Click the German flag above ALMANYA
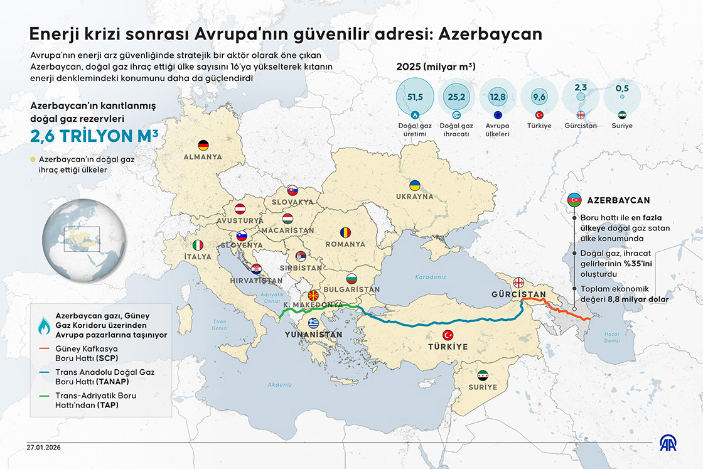click(x=202, y=145)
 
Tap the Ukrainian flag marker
click(x=415, y=186)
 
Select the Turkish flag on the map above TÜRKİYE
click(x=448, y=335)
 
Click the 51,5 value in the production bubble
click(x=414, y=97)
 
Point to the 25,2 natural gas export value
click(x=456, y=97)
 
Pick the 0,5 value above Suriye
click(x=621, y=87)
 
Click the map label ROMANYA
click(x=345, y=244)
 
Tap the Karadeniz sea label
click(x=430, y=276)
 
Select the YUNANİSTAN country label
click(x=314, y=335)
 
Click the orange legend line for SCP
click(x=45, y=348)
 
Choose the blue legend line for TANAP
click(x=45, y=372)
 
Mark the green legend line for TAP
click(x=45, y=396)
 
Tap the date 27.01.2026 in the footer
click(x=44, y=448)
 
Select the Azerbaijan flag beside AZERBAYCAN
click(x=574, y=200)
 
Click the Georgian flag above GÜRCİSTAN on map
click(x=519, y=282)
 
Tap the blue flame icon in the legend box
click(x=45, y=325)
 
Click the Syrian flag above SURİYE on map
click(x=482, y=375)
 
